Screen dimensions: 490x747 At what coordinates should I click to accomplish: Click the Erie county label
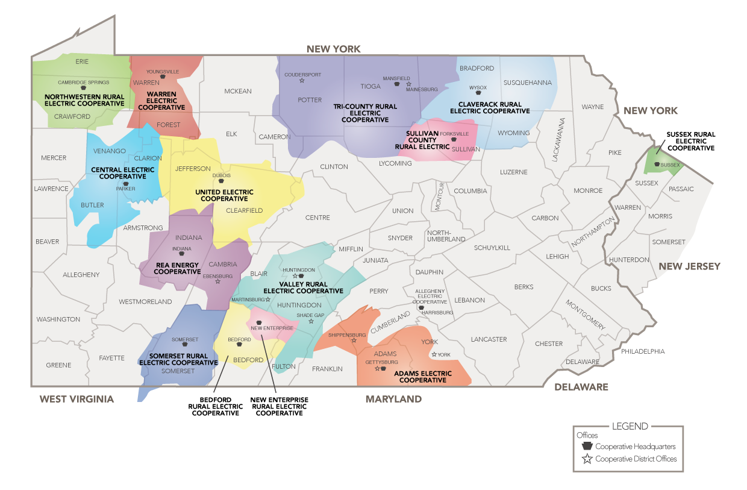pos(82,61)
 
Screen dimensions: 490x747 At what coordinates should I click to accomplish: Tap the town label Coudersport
pos(302,75)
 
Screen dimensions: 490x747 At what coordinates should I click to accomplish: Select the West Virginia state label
pos(77,399)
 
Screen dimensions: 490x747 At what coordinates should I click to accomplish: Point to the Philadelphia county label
pos(643,351)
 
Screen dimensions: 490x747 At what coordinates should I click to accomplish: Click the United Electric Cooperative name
pos(224,195)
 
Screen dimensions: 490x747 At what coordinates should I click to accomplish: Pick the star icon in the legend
pos(587,459)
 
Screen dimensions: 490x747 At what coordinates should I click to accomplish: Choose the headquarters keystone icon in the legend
pos(587,447)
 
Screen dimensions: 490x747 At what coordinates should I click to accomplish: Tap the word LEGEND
pos(630,426)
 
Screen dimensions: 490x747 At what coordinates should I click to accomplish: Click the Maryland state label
pos(393,399)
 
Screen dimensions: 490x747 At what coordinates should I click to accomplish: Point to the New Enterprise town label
pos(272,328)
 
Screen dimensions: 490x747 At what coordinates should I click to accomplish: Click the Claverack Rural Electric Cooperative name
pos(490,107)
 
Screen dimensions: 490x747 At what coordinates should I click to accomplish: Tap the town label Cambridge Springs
pos(84,82)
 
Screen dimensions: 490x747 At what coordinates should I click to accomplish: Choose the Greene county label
pos(58,365)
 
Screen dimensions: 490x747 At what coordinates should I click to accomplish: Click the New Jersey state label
pos(689,266)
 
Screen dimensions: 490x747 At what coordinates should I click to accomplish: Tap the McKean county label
pos(238,91)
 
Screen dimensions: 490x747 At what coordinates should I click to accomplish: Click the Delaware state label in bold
pos(581,387)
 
